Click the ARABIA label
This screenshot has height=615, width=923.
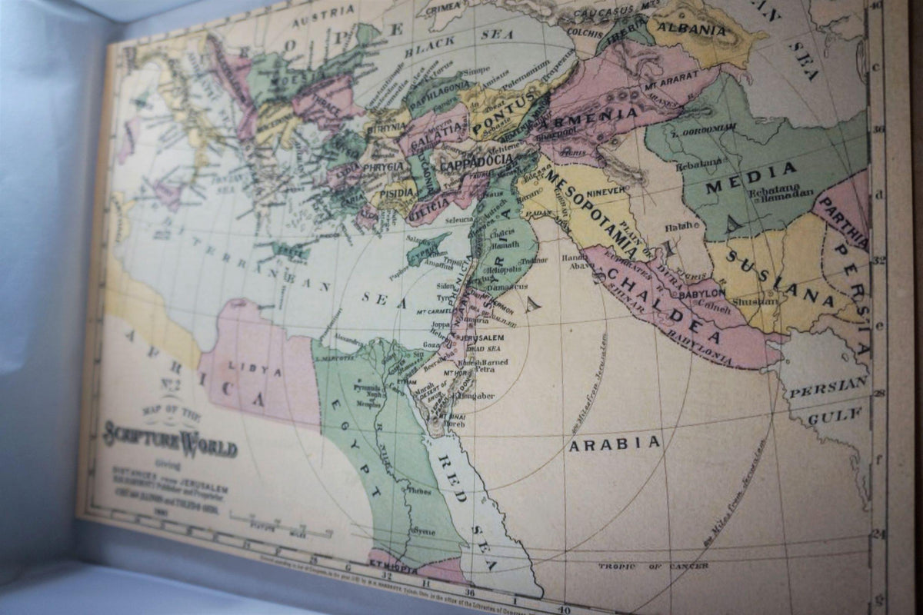pyautogui.click(x=614, y=443)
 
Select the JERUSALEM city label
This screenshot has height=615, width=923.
pyautogui.click(x=482, y=338)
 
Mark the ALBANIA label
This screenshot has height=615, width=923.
pyautogui.click(x=700, y=30)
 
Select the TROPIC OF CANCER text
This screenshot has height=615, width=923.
pyautogui.click(x=653, y=566)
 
